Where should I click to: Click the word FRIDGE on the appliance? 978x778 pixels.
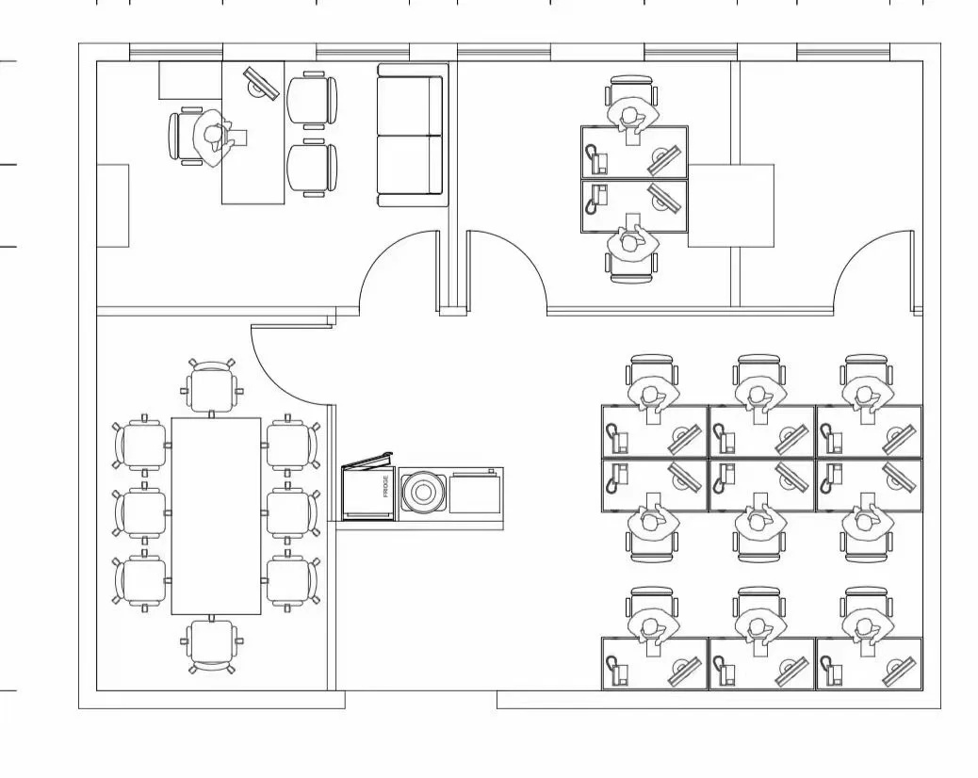[x=386, y=487]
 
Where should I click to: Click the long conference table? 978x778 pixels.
[x=217, y=516]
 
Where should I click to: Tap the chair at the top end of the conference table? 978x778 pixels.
[x=212, y=386]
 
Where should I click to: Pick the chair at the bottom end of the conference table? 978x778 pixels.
[x=212, y=646]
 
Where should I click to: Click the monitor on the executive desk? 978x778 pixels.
[x=261, y=83]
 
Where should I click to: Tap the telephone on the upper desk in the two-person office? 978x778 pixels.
[x=597, y=158]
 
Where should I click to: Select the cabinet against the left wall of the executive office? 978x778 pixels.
[x=113, y=205]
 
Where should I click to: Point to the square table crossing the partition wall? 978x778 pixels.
[x=731, y=205]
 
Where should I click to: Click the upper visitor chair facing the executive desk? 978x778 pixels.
[x=312, y=100]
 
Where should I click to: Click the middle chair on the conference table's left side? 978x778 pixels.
[x=141, y=512]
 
